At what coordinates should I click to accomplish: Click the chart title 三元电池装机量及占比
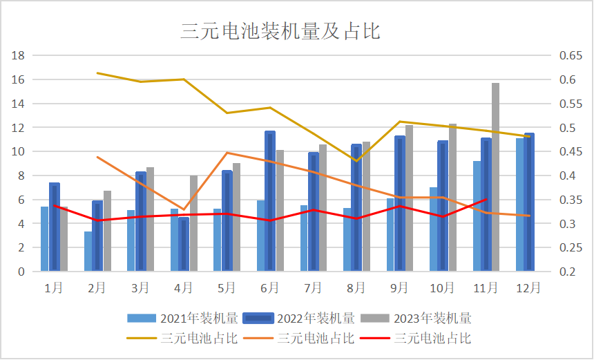[280, 31]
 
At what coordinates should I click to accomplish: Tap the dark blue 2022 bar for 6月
[270, 201]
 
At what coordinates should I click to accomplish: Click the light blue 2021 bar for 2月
[88, 251]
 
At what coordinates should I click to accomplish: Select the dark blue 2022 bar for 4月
[184, 244]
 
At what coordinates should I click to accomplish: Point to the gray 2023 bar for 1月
[64, 238]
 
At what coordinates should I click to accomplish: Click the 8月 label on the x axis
[356, 287]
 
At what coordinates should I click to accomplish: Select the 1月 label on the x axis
[54, 287]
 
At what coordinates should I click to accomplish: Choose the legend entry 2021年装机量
[182, 319]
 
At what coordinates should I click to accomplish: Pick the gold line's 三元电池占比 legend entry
[182, 339]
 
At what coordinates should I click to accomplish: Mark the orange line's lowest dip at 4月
[183, 209]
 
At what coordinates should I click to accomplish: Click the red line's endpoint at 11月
[486, 199]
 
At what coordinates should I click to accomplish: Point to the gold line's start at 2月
[97, 73]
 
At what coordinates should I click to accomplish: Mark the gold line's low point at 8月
[356, 161]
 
